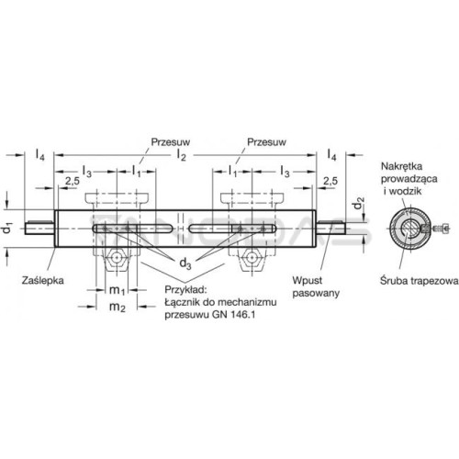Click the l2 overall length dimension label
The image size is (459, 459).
coord(181,155)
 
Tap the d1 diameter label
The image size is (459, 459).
coord(8,229)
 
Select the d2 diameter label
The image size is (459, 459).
coord(359,204)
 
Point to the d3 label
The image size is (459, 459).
coord(185,263)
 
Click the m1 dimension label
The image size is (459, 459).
coord(117,290)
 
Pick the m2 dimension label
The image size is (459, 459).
coord(118,307)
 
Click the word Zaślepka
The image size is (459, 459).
coord(43,280)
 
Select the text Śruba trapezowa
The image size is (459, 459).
coord(420,281)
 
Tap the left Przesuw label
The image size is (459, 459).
coord(171,142)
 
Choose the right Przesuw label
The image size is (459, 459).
coord(266,142)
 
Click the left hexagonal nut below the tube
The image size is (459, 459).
coord(117,258)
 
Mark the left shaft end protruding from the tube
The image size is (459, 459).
coord(39,228)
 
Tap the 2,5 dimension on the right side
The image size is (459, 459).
coord(330,181)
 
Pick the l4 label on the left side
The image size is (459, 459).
coord(39,155)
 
